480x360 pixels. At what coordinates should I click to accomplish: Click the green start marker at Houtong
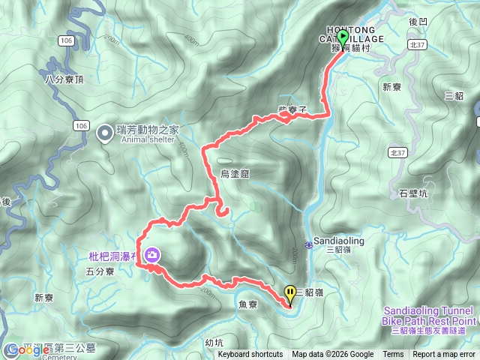(343, 37)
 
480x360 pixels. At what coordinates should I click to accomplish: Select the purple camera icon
(152, 255)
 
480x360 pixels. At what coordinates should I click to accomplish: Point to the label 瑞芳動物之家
(147, 128)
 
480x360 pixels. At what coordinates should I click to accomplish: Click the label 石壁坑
(413, 193)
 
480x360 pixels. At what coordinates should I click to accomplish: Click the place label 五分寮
(100, 272)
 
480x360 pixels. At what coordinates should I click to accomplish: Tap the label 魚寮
(247, 304)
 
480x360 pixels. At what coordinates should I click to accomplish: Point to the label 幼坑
(214, 342)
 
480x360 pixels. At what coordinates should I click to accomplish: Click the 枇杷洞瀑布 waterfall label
(111, 256)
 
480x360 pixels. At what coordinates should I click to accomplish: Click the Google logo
(22, 350)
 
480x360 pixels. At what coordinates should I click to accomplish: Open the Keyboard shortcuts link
(250, 355)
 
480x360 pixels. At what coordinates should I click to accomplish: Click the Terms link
(393, 355)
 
